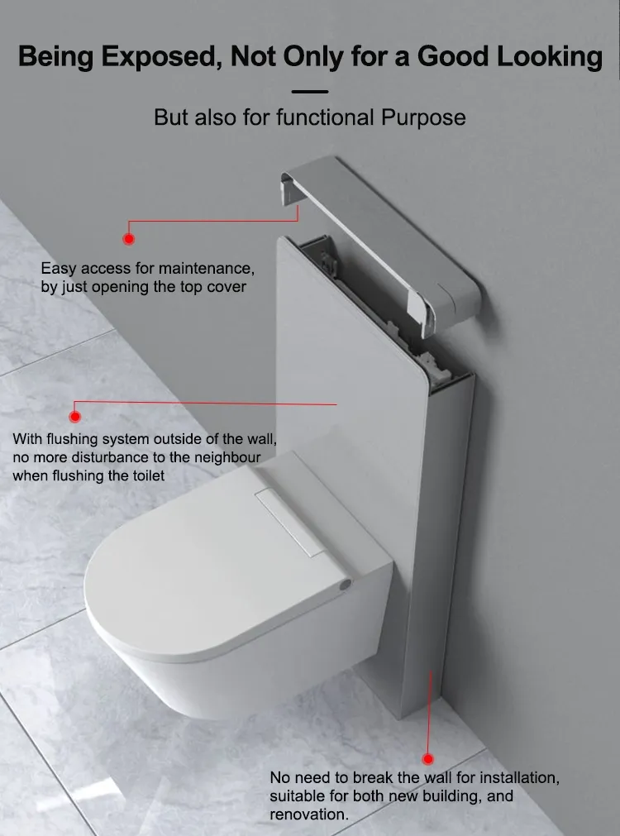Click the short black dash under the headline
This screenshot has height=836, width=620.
click(310, 92)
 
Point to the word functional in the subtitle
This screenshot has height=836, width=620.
click(326, 117)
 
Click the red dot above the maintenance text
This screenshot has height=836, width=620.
click(128, 239)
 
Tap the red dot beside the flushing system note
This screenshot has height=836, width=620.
click(76, 418)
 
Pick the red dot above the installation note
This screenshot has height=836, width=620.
click(427, 758)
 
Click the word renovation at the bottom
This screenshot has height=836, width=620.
click(308, 815)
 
